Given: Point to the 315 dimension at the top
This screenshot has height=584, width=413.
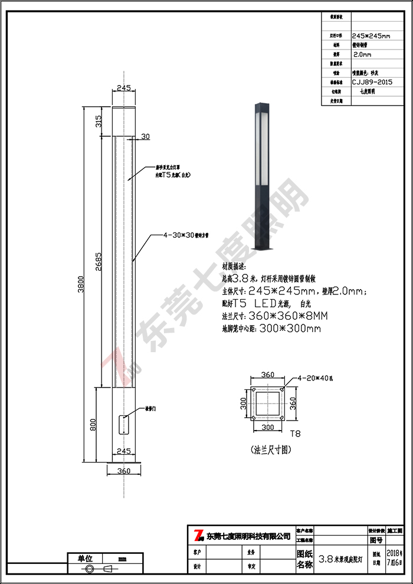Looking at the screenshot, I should click(99, 122).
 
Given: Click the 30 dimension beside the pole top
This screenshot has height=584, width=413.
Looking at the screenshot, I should click(145, 136).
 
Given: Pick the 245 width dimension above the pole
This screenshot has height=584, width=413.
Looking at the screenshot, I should click(123, 88).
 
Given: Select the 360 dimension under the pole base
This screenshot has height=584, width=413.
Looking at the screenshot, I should click(124, 471).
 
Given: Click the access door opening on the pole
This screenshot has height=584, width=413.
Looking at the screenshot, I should click(123, 425).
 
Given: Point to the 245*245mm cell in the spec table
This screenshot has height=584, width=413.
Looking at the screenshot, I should click(371, 35).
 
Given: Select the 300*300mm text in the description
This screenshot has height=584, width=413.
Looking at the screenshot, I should click(290, 327).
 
